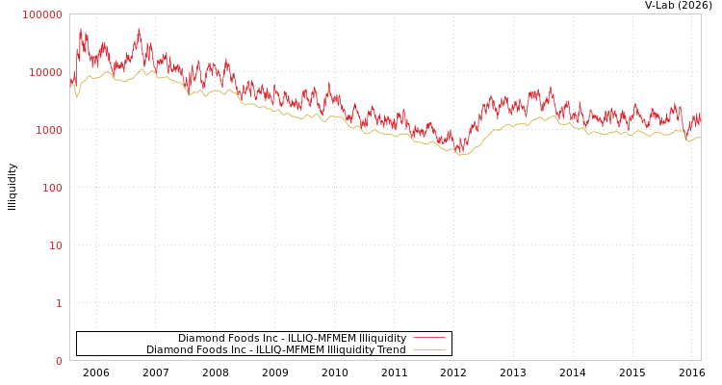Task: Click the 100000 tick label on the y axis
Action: (x=42, y=14)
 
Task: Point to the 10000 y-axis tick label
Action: (x=45, y=72)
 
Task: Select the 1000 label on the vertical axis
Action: (x=48, y=130)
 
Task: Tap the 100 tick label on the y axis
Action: (x=51, y=188)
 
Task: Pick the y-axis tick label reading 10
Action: (x=55, y=245)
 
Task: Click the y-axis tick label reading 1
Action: (x=59, y=303)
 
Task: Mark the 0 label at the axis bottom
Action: (x=59, y=361)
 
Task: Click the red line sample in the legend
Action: (x=428, y=338)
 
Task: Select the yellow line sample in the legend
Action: (x=428, y=349)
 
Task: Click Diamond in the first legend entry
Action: (x=199, y=338)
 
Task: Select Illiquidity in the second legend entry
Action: (x=350, y=349)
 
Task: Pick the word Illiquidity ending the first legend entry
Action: (x=382, y=338)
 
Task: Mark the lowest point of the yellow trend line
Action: (x=461, y=155)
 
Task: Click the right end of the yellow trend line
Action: (x=700, y=137)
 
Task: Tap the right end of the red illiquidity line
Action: (x=700, y=114)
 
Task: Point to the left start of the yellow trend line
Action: (x=70, y=85)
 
